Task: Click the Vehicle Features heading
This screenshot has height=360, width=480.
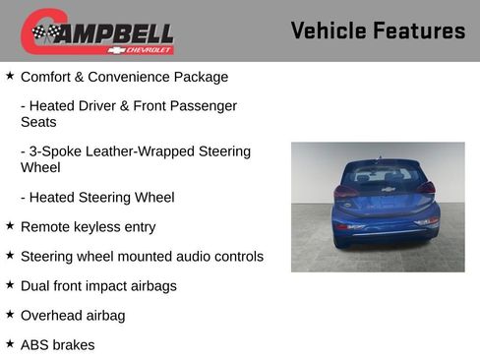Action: tap(378, 30)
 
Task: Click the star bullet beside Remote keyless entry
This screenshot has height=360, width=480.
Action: tap(10, 226)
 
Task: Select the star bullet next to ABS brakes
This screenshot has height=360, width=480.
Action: tap(10, 344)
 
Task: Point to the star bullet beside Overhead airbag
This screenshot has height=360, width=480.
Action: tap(10, 315)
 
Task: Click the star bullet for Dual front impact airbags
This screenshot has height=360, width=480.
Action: tap(10, 285)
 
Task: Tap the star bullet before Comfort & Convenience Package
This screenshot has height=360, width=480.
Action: tap(10, 76)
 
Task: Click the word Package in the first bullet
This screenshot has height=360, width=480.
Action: tap(199, 77)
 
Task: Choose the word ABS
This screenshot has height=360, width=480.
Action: tap(35, 345)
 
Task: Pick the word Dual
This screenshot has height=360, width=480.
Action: tap(36, 286)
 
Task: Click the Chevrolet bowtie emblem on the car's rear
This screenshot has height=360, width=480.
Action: tap(388, 189)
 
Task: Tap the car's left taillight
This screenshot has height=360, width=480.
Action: tap(344, 192)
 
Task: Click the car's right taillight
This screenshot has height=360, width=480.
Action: tap(425, 188)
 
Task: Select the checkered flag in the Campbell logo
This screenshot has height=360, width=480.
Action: tap(44, 32)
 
